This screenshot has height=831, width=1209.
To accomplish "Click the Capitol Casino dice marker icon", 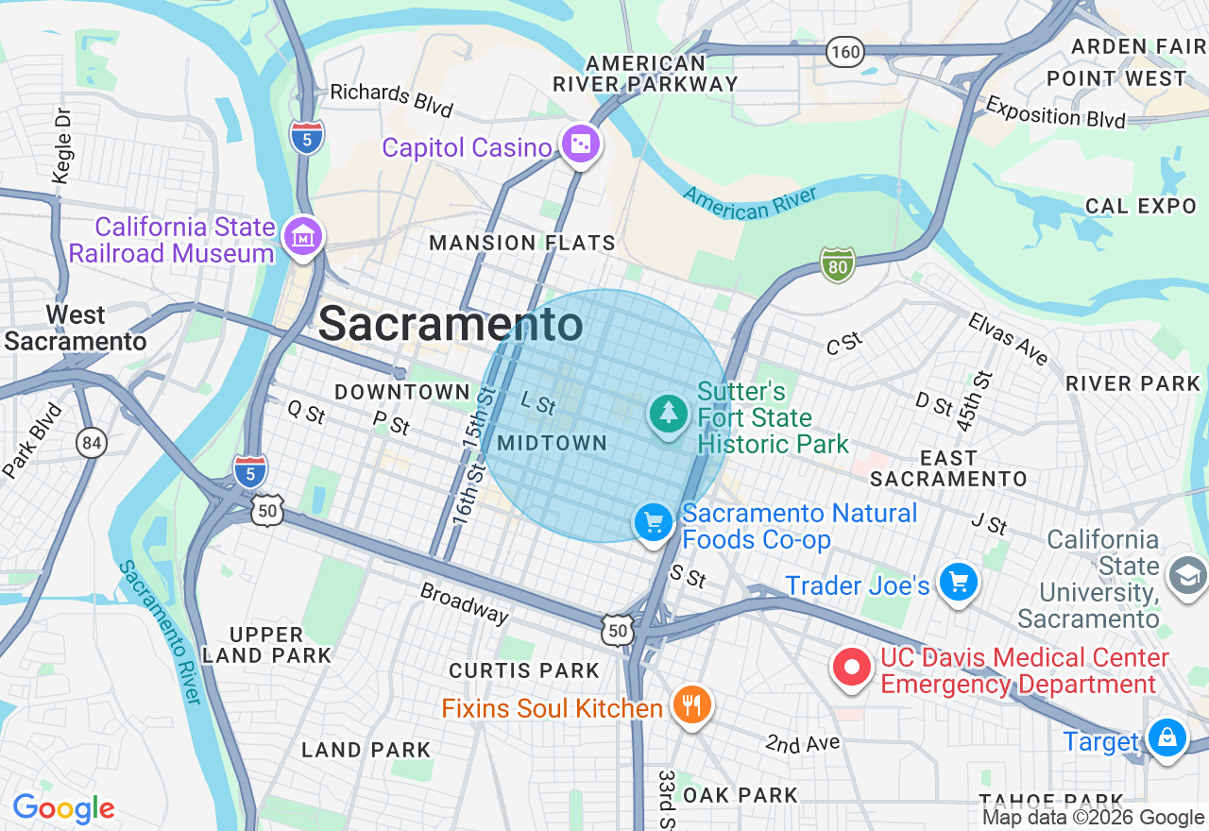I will pos(580,145).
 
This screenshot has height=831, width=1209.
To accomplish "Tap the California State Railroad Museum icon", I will pos(304,236).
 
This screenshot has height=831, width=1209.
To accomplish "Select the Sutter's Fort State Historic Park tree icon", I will pos(669,414).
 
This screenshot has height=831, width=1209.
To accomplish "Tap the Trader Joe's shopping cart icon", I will pos(959,583).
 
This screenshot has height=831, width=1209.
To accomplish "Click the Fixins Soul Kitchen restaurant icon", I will pos(692,704).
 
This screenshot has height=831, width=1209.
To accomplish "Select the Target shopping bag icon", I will pos(1166,738).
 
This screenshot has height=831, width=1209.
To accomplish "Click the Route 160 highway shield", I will pos(844,52).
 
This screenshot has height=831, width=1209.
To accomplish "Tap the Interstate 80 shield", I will pos(837,264).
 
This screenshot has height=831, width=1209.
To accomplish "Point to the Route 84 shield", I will pos(92,442).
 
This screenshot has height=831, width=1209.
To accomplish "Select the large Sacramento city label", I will pos(451,325).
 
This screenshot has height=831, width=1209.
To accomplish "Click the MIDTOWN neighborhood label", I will pos(552,443).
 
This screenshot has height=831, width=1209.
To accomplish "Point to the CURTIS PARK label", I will pos(524,670).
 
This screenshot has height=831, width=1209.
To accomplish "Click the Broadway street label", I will pos(464,602).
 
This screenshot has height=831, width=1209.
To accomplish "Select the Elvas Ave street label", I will pos(1008,339).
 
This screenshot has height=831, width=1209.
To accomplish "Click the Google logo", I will pos(63,808).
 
